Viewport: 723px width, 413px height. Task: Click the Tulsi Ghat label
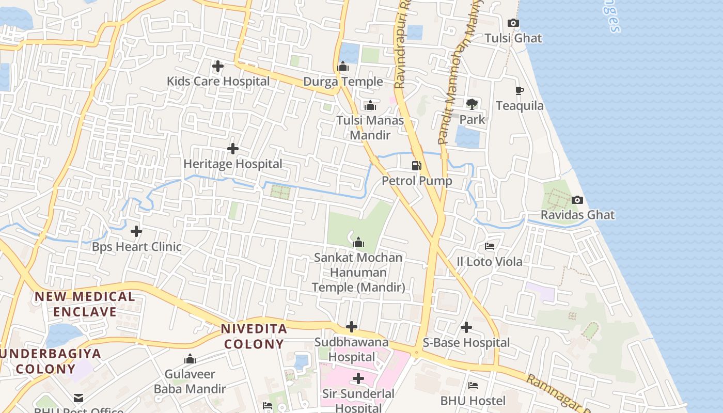point(513,38)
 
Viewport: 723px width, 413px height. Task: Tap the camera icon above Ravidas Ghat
point(577,200)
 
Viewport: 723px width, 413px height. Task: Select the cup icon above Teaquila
point(520,91)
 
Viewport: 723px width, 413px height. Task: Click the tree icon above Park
point(472,104)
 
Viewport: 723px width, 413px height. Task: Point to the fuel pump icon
point(416,166)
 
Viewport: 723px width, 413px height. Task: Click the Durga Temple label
point(343,82)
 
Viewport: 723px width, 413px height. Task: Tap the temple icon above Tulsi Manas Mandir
point(370,105)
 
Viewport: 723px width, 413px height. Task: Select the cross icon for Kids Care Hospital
point(218,66)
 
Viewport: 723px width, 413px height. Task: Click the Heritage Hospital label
point(233,164)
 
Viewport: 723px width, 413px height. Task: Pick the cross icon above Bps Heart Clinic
point(136,231)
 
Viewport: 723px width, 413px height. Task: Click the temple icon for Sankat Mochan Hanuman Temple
point(358,242)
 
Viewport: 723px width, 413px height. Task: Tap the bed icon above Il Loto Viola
point(490,246)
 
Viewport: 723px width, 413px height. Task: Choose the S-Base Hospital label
point(466,343)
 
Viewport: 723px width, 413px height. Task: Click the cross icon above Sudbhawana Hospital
point(352,327)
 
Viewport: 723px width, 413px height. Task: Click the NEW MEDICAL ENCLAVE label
point(85,304)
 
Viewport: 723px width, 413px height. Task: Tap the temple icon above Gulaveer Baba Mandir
point(190,359)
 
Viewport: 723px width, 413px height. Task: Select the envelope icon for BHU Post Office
point(78,398)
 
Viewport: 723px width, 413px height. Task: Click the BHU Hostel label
point(473,401)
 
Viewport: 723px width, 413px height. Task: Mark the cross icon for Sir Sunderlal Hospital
point(358,378)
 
